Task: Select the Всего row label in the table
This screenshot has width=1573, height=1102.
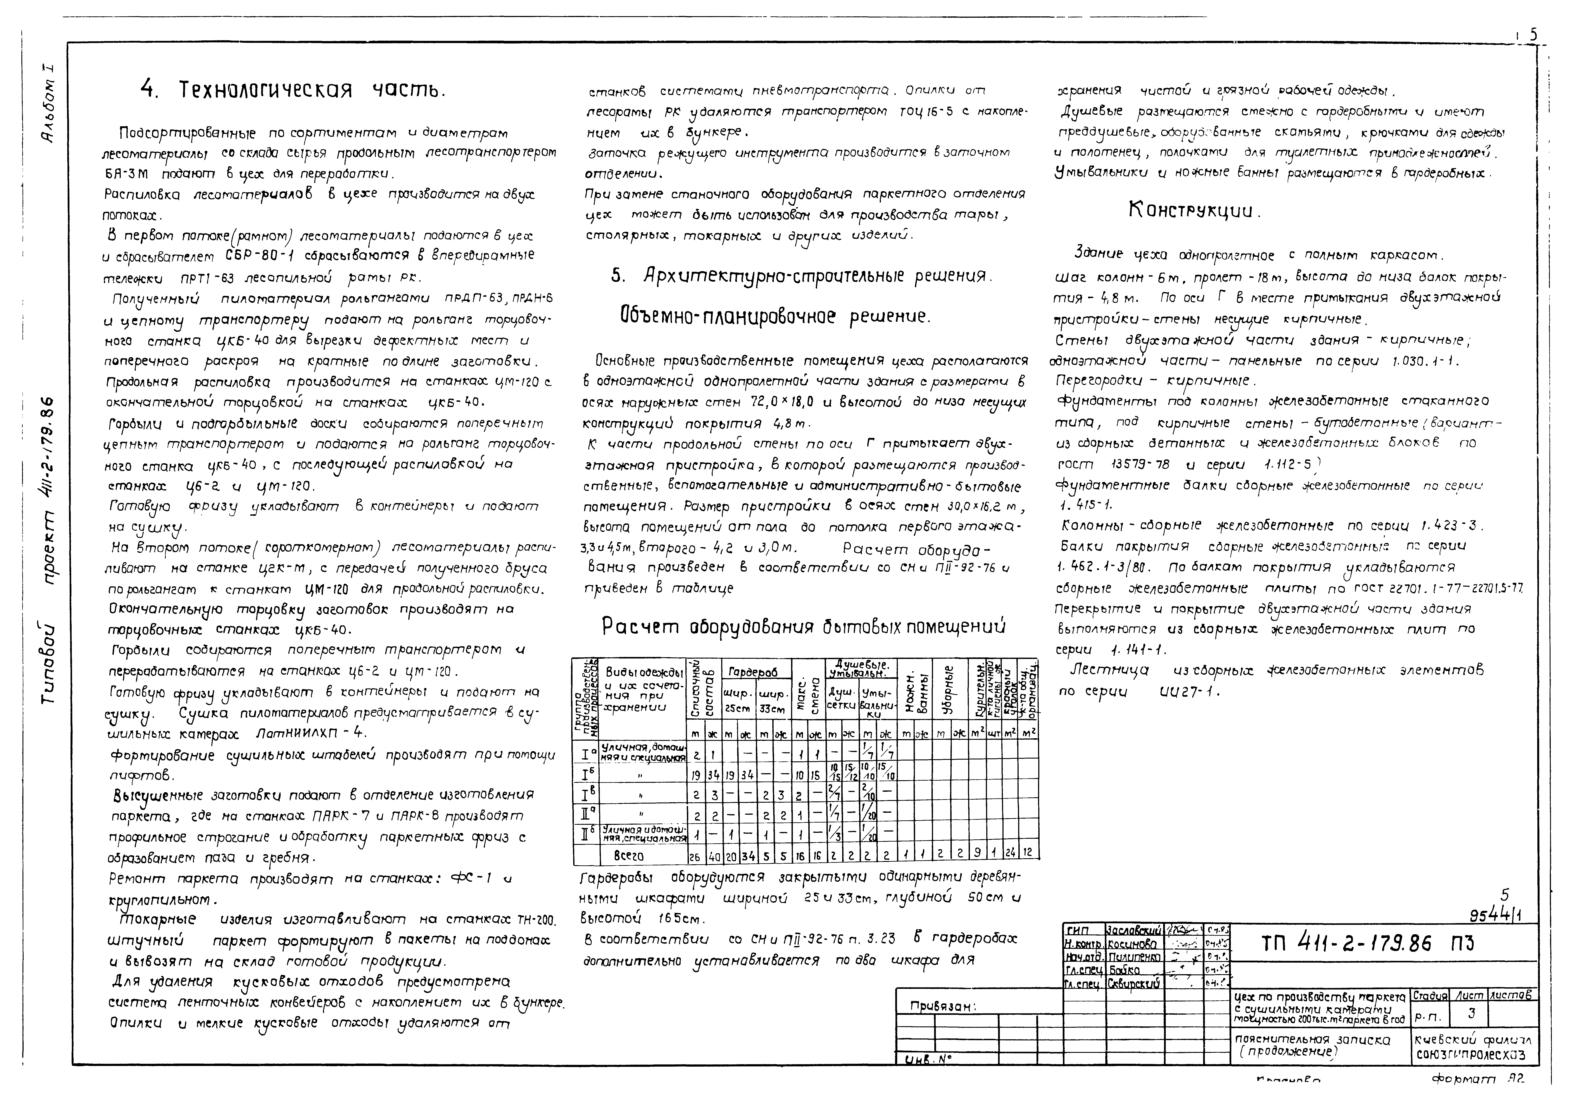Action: coord(629,856)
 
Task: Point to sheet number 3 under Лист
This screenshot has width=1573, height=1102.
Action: coord(1471,1014)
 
